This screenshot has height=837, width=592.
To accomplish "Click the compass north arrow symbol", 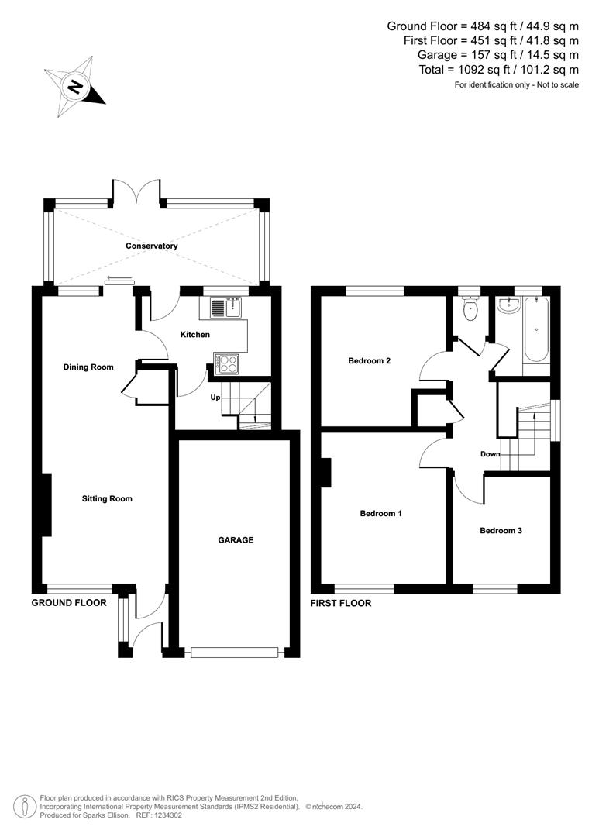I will pos(74,87).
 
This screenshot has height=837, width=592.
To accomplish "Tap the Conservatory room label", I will pos(153,246).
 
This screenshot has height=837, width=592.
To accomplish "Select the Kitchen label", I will pos(195,335).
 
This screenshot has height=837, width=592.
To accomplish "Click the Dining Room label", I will pos(88,367).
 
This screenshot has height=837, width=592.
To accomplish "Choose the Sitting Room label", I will pos(107,499).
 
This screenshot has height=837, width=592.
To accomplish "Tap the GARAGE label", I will pos(235,540).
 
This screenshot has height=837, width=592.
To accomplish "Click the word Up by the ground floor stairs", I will pos(216,398).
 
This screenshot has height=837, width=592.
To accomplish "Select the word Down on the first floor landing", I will pos(490,454).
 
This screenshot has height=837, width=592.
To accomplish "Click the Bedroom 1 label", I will pos(380,513).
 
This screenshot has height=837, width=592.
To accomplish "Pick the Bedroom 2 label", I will pos(369,360).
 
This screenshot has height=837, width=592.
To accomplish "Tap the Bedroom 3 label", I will pos(501,531).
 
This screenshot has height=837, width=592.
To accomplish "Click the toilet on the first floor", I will pos(469,311).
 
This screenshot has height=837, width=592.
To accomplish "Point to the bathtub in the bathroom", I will pos(536,333).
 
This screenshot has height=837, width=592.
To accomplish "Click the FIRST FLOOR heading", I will pos(340,603).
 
